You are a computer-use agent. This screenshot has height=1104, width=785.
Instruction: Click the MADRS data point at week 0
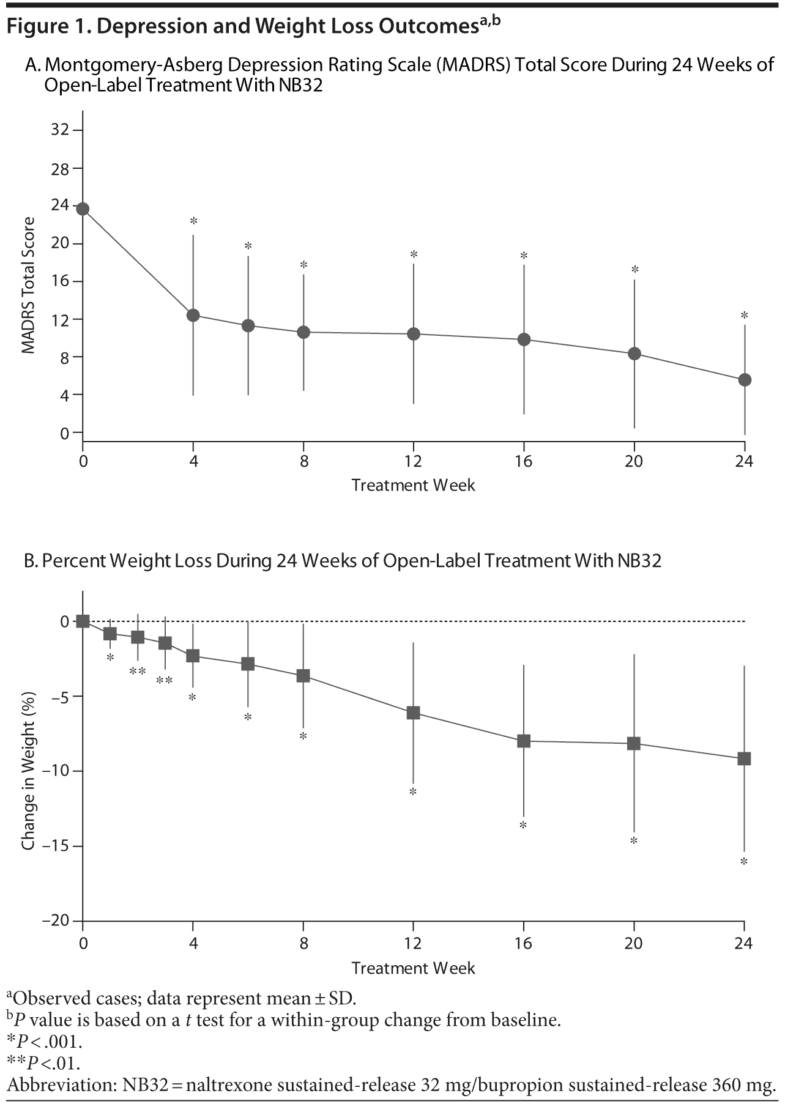point(83,209)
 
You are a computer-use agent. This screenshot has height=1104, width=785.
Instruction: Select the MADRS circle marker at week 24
point(745,380)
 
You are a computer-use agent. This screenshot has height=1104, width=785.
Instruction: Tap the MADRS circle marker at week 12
point(414,334)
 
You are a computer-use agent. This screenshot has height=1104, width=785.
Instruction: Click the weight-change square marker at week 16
point(524,741)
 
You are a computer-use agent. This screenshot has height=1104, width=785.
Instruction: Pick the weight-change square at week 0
point(83,621)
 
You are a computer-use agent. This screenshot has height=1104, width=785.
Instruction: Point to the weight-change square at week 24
point(745,759)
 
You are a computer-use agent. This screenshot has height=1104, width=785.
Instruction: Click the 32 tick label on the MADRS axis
point(60,130)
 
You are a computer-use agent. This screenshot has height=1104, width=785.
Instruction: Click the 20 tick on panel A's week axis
point(634,461)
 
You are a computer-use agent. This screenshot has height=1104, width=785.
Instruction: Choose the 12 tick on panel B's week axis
point(414,944)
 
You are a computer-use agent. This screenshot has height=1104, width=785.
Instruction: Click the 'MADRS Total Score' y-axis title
point(28,286)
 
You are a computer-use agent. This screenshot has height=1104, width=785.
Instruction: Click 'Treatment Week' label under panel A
point(413,486)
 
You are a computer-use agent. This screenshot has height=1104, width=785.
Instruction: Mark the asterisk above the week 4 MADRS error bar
point(193,221)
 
